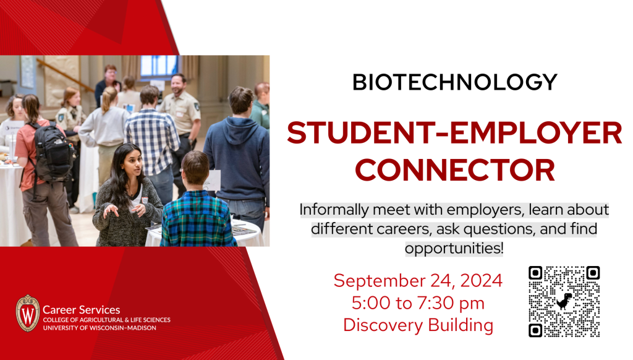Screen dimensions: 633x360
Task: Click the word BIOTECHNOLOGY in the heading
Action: coord(454,82)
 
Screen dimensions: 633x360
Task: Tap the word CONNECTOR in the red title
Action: coord(455,170)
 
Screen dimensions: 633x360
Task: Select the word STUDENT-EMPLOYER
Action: coord(454,133)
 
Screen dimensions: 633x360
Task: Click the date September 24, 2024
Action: coord(418,280)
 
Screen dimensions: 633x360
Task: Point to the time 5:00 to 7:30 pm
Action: coord(418,303)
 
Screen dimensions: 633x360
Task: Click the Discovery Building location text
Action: coord(418,325)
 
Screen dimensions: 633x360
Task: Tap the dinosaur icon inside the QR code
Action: coord(564,301)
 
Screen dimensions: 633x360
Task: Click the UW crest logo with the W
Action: coord(27,314)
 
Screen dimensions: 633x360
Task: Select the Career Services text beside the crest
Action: coord(81,310)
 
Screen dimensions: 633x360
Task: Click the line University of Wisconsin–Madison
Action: coord(100,328)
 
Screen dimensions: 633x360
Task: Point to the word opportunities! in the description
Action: coord(454,248)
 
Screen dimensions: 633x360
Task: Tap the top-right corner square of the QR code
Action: coord(593,273)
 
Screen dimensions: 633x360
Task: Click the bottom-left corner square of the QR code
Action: coord(535,330)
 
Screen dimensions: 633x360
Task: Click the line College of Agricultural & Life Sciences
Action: coord(106,320)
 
